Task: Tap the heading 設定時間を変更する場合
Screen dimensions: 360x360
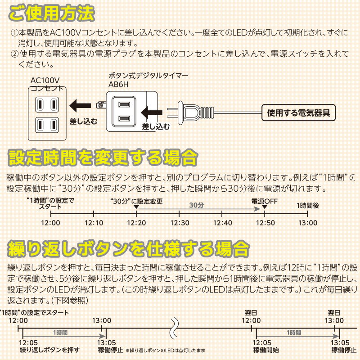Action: (103, 157)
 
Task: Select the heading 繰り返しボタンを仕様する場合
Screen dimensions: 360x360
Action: (128, 248)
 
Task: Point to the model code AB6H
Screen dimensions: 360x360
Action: (118, 84)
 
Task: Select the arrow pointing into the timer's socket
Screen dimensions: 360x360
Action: (152, 110)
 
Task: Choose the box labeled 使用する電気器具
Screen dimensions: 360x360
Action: (298, 112)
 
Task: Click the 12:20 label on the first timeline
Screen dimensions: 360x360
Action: (136, 223)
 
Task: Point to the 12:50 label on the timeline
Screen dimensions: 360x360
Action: (265, 223)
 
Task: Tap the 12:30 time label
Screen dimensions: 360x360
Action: (179, 223)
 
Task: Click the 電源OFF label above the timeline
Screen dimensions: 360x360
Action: (264, 201)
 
